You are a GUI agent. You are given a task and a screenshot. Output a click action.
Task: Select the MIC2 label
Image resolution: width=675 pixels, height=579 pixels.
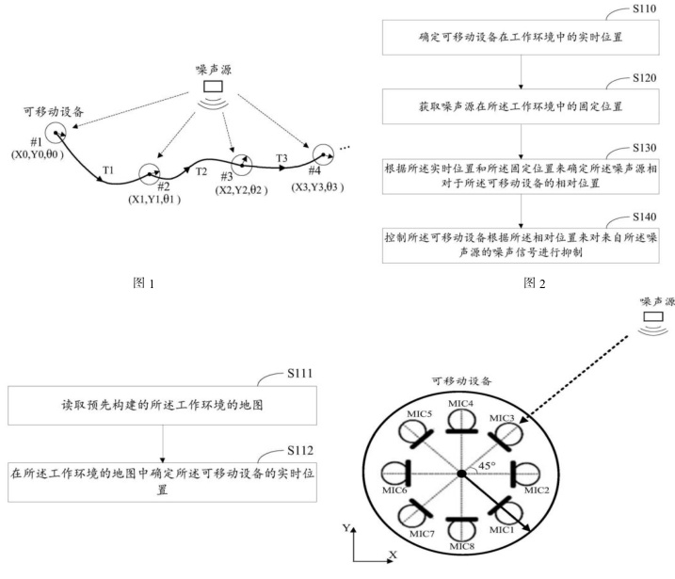(x=536, y=490)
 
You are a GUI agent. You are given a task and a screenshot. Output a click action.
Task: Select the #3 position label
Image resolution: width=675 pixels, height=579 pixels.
(x=227, y=176)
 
